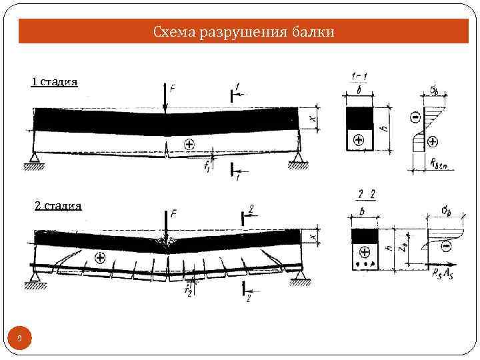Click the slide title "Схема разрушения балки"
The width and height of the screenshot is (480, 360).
[x=243, y=31]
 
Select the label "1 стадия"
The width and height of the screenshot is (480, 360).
[x=55, y=82]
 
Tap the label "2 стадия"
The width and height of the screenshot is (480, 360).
[x=58, y=205]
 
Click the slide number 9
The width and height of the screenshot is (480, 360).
[x=19, y=340]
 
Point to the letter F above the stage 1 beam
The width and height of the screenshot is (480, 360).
[x=173, y=88]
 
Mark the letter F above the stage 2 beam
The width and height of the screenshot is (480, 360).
[x=173, y=213]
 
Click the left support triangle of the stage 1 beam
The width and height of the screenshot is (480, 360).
[x=33, y=158]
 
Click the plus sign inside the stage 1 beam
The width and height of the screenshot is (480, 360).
[x=189, y=143]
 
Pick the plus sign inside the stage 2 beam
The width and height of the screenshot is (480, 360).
[x=100, y=257]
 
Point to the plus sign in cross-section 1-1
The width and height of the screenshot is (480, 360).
[x=359, y=140]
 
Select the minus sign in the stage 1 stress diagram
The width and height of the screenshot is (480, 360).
[x=414, y=118]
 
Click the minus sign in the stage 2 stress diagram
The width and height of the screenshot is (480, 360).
[x=445, y=245]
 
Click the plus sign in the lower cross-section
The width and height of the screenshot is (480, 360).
[x=365, y=252]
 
